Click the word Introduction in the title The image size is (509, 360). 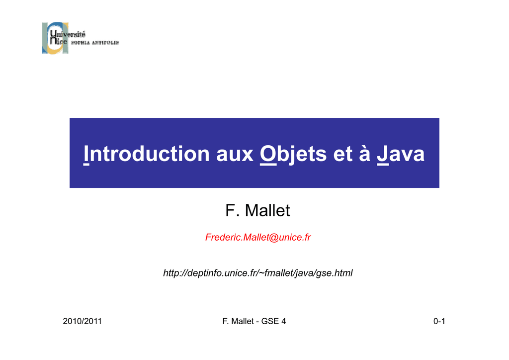(147, 154)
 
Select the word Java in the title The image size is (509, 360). (401, 154)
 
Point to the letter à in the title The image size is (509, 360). (364, 153)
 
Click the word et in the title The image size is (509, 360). (342, 154)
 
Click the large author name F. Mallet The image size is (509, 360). (257, 210)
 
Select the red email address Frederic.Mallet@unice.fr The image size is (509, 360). (258, 237)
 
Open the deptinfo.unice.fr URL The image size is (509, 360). (258, 273)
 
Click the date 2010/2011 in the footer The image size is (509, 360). (82, 321)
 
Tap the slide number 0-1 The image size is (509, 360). (439, 321)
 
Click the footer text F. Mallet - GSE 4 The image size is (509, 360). (254, 321)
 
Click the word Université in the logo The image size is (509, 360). (68, 34)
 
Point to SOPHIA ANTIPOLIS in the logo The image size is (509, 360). (95, 43)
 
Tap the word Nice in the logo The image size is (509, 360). (59, 41)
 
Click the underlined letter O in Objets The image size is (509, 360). (268, 154)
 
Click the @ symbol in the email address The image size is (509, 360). (274, 238)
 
